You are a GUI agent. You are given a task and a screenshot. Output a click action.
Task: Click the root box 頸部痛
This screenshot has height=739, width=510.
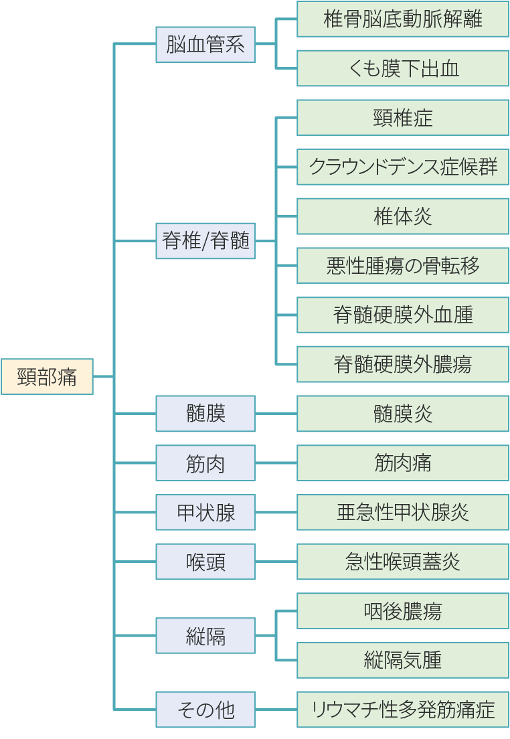tap(47, 377)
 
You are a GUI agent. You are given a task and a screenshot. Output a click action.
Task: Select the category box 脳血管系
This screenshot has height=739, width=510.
tap(205, 44)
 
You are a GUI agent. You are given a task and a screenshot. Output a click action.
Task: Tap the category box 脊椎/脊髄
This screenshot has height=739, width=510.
tap(205, 241)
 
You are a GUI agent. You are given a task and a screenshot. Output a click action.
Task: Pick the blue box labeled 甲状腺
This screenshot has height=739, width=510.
tap(205, 513)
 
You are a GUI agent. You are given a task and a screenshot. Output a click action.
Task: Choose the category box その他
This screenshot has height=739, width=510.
tap(205, 710)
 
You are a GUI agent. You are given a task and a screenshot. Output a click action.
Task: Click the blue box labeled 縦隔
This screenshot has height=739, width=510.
tap(205, 636)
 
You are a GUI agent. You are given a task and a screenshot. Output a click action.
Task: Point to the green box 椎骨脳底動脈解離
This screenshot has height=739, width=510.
tap(402, 19)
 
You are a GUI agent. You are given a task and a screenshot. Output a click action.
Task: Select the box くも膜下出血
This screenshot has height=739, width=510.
tap(402, 68)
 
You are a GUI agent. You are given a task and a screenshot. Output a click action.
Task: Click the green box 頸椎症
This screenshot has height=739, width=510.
tap(402, 118)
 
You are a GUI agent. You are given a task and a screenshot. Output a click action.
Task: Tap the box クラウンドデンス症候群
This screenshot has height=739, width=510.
tap(402, 167)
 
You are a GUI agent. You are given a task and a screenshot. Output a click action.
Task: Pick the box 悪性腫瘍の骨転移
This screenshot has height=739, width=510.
tap(402, 266)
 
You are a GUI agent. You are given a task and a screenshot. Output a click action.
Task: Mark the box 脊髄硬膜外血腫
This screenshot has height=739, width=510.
tap(402, 315)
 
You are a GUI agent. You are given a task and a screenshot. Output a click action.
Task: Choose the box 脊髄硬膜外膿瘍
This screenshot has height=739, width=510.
tap(402, 364)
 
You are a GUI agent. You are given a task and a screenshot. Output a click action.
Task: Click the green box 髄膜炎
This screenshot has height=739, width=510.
tap(402, 414)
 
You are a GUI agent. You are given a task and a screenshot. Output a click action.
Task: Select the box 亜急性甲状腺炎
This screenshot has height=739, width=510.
tap(402, 513)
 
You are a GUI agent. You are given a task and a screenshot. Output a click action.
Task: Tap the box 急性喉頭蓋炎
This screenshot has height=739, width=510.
tap(402, 562)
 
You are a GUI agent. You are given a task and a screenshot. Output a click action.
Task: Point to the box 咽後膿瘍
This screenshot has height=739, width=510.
tap(402, 611)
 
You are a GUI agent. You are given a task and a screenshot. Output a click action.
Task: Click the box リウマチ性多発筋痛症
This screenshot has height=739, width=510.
tap(402, 710)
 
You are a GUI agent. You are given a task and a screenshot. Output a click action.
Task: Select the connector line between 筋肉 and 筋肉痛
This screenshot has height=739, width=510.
tap(276, 463)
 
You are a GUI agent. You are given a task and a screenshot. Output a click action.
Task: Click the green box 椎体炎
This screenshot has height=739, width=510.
tap(402, 216)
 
